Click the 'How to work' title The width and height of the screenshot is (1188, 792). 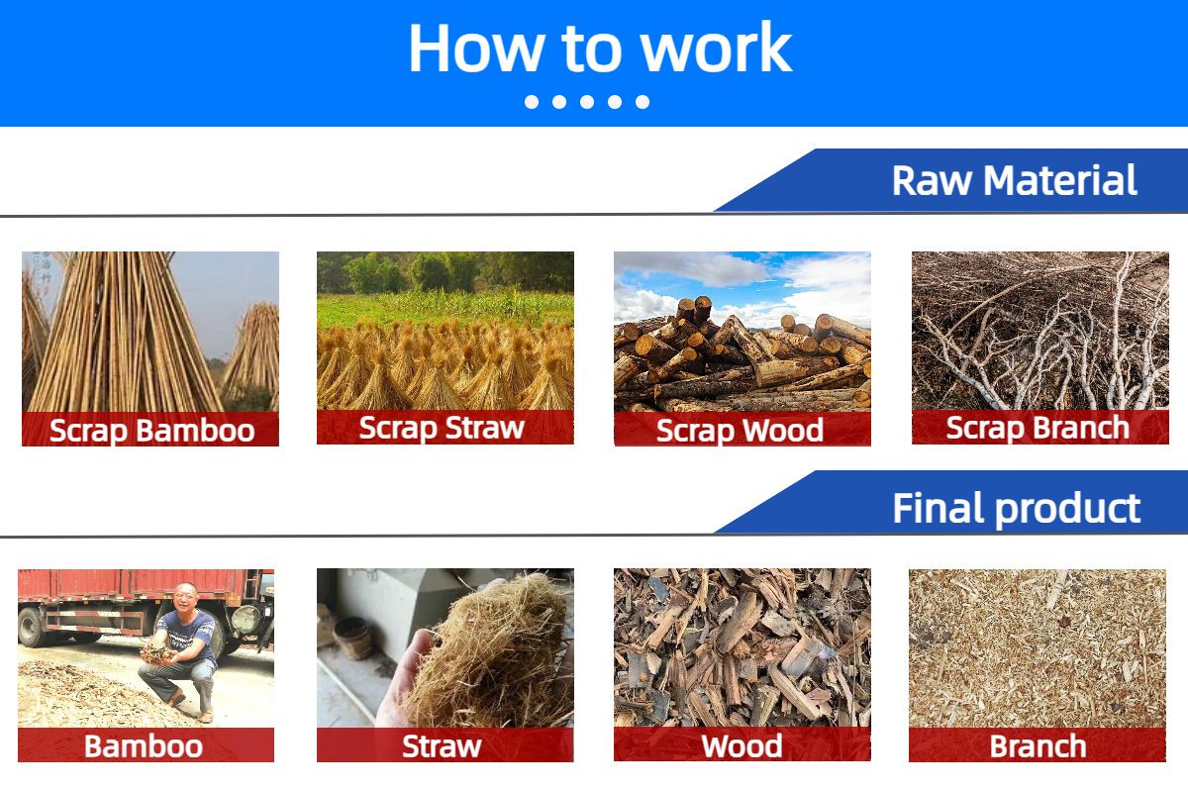click(x=600, y=49)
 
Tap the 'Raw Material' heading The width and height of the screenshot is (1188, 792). click(x=1014, y=180)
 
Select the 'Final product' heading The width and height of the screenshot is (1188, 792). click(x=1016, y=509)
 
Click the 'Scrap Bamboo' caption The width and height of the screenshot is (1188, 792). click(x=151, y=431)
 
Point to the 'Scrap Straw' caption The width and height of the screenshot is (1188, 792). click(x=442, y=428)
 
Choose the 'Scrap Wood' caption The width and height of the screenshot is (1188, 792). click(x=740, y=431)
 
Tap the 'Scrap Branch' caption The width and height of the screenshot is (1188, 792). click(x=1038, y=428)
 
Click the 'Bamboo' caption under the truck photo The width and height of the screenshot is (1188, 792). click(x=144, y=746)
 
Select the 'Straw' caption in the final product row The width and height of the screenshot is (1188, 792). click(x=442, y=746)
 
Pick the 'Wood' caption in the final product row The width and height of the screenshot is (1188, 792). click(x=742, y=746)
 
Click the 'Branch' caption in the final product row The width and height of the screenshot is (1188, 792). click(x=1038, y=746)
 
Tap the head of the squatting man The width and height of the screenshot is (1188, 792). click(x=186, y=597)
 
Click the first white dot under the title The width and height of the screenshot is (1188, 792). click(x=532, y=102)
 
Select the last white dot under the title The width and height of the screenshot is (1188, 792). click(x=643, y=102)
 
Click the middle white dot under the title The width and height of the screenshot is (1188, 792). click(x=587, y=102)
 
